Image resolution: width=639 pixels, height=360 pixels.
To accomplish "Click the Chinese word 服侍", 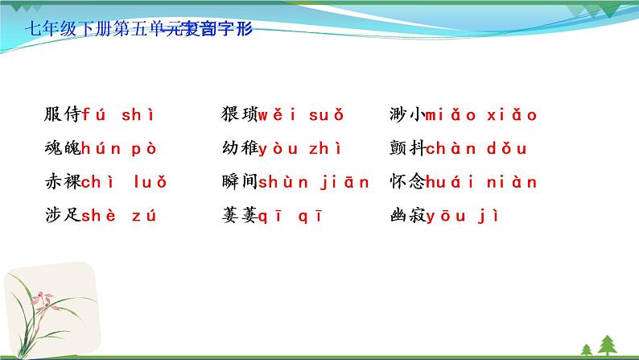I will [x=63, y=115].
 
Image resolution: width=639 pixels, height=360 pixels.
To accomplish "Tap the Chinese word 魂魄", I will [x=63, y=148].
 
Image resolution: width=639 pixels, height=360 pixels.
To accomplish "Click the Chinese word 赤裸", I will [x=63, y=181].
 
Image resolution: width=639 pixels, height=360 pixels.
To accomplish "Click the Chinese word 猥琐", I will [x=239, y=115].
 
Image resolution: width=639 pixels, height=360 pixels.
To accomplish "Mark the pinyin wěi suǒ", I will [x=302, y=115].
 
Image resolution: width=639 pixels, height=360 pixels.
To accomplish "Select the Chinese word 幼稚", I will [x=239, y=148].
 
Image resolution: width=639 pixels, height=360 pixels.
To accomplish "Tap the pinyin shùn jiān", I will [x=314, y=181].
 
